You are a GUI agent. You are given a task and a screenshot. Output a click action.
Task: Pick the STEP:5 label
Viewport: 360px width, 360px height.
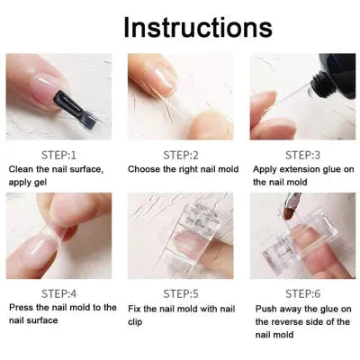pyautogui.click(x=180, y=292)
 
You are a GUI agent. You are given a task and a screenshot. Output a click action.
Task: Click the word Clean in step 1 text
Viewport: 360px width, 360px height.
pyautogui.click(x=23, y=168)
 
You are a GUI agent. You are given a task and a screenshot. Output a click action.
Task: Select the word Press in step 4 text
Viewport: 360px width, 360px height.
pyautogui.click(x=22, y=307)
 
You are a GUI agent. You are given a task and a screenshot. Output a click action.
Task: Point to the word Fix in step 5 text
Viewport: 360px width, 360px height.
pyautogui.click(x=138, y=307)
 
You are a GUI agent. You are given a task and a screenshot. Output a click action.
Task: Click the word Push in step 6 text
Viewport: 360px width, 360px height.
pyautogui.click(x=265, y=307)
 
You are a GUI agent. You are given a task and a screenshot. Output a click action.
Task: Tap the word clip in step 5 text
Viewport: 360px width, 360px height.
pyautogui.click(x=137, y=320)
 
